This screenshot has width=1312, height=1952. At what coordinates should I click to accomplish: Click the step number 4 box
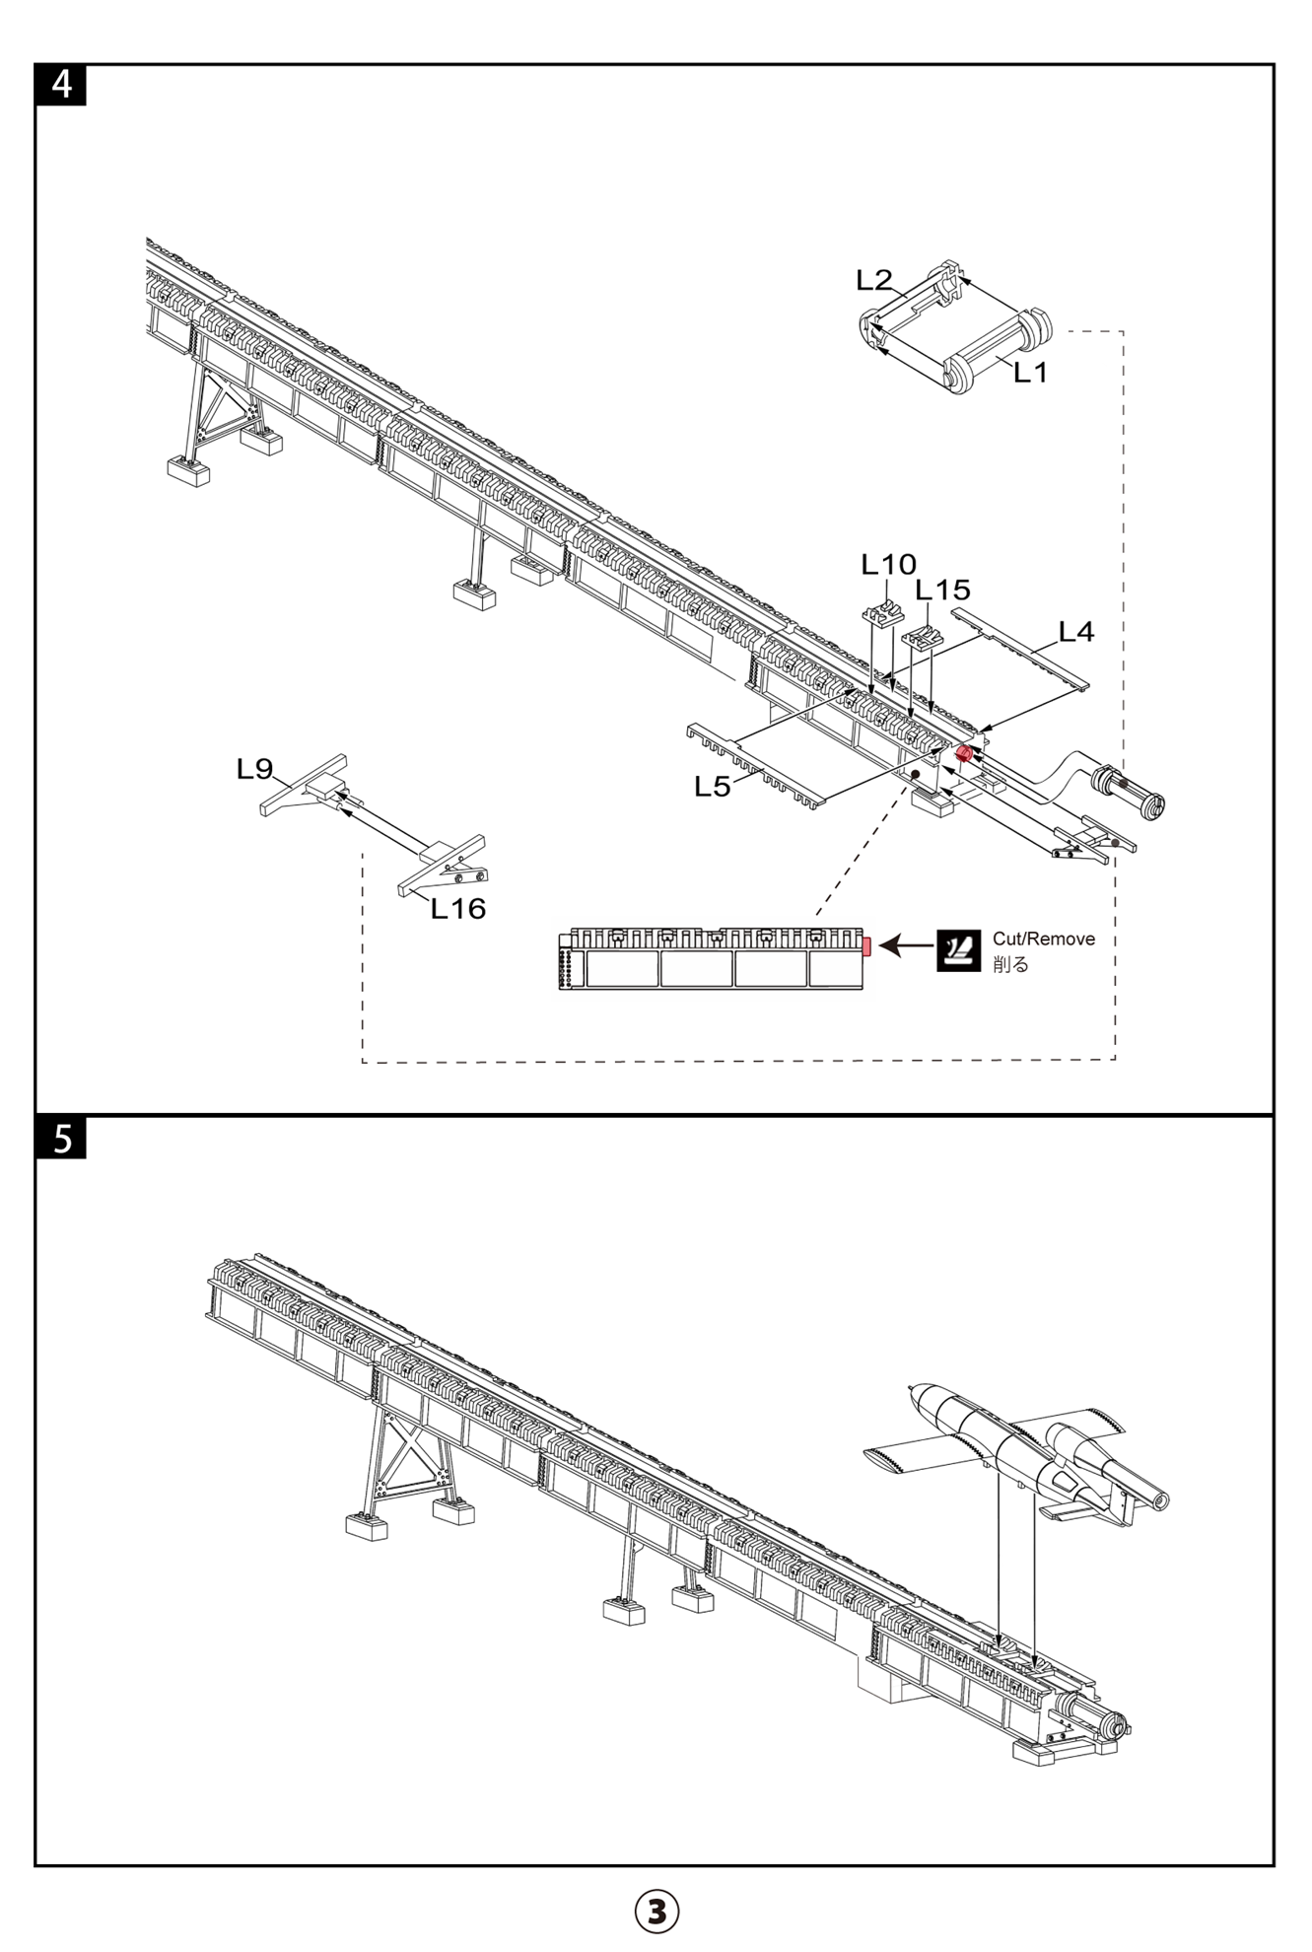tap(61, 85)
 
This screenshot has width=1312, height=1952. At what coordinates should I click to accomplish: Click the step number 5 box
tap(61, 1138)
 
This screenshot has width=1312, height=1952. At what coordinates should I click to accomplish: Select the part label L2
tap(873, 281)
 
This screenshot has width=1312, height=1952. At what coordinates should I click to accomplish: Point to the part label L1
tap(1030, 373)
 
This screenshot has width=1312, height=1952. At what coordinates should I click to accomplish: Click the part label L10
tap(888, 565)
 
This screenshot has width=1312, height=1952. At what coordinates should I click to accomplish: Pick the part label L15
tap(942, 590)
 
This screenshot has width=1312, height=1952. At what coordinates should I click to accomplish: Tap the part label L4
tap(1076, 632)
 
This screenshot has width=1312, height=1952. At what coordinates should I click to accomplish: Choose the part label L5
tap(712, 786)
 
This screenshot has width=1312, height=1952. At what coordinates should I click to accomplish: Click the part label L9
tap(254, 769)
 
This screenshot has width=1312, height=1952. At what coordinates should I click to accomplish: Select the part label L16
tap(458, 909)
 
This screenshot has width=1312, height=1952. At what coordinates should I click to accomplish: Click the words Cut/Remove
tap(1043, 939)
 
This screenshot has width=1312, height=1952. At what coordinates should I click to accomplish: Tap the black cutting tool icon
tap(958, 950)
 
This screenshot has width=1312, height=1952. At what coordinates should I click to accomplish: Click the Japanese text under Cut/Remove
tap(1011, 964)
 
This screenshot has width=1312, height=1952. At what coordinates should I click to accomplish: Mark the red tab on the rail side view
tap(866, 946)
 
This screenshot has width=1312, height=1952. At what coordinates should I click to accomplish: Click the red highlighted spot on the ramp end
tap(964, 754)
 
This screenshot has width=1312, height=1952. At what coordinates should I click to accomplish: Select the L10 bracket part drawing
tap(882, 612)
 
